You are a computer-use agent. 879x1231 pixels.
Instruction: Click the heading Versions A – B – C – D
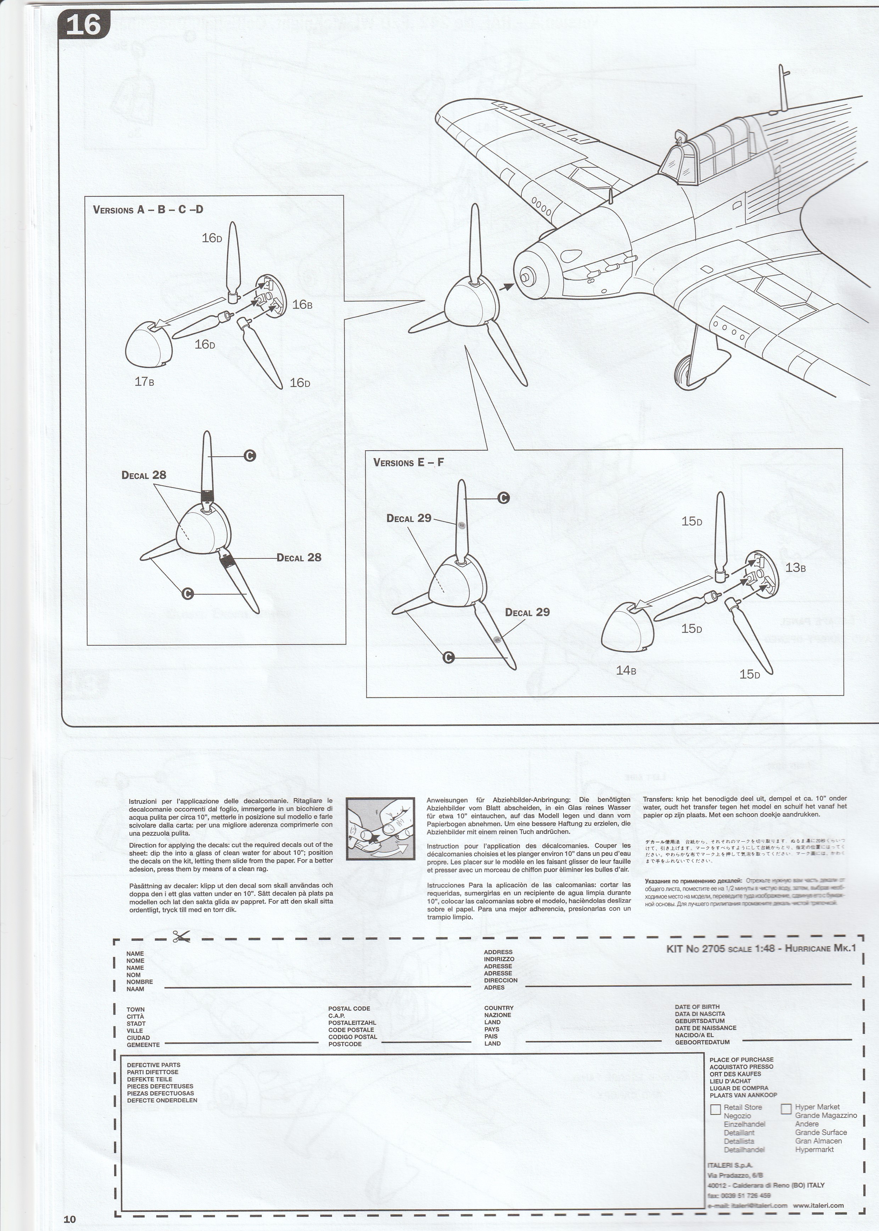tap(148, 210)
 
